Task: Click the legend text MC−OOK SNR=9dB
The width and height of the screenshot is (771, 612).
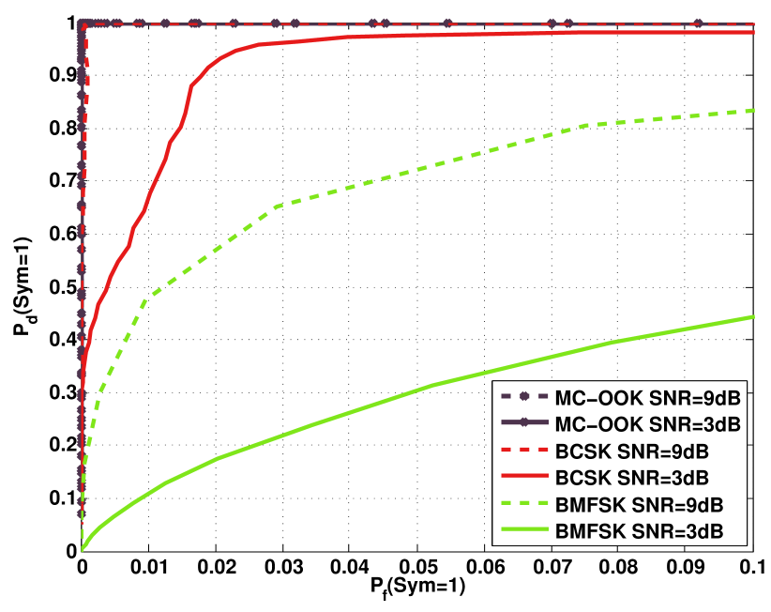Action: (x=648, y=397)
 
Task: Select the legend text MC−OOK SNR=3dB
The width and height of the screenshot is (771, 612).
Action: (x=648, y=424)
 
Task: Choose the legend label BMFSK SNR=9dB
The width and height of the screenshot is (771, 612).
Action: (x=639, y=504)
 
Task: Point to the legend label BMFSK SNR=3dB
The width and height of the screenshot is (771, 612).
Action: (x=639, y=531)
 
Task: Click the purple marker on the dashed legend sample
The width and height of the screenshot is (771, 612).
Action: (x=524, y=397)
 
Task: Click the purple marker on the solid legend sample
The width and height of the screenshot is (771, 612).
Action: (x=524, y=423)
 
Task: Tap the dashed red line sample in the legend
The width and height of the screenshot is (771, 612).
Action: (x=524, y=451)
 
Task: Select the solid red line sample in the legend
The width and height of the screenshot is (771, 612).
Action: (x=524, y=477)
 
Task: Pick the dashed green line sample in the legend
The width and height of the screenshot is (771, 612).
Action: (x=524, y=504)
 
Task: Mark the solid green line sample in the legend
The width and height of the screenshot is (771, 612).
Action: (x=524, y=530)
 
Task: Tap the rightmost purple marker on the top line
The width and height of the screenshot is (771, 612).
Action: (x=698, y=23)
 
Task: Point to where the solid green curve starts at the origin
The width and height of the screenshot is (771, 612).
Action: (x=83, y=549)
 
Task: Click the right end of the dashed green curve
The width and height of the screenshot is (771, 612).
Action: (x=754, y=111)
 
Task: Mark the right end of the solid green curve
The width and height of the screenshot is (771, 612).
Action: (x=754, y=316)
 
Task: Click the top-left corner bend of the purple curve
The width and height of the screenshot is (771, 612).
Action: (x=83, y=24)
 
